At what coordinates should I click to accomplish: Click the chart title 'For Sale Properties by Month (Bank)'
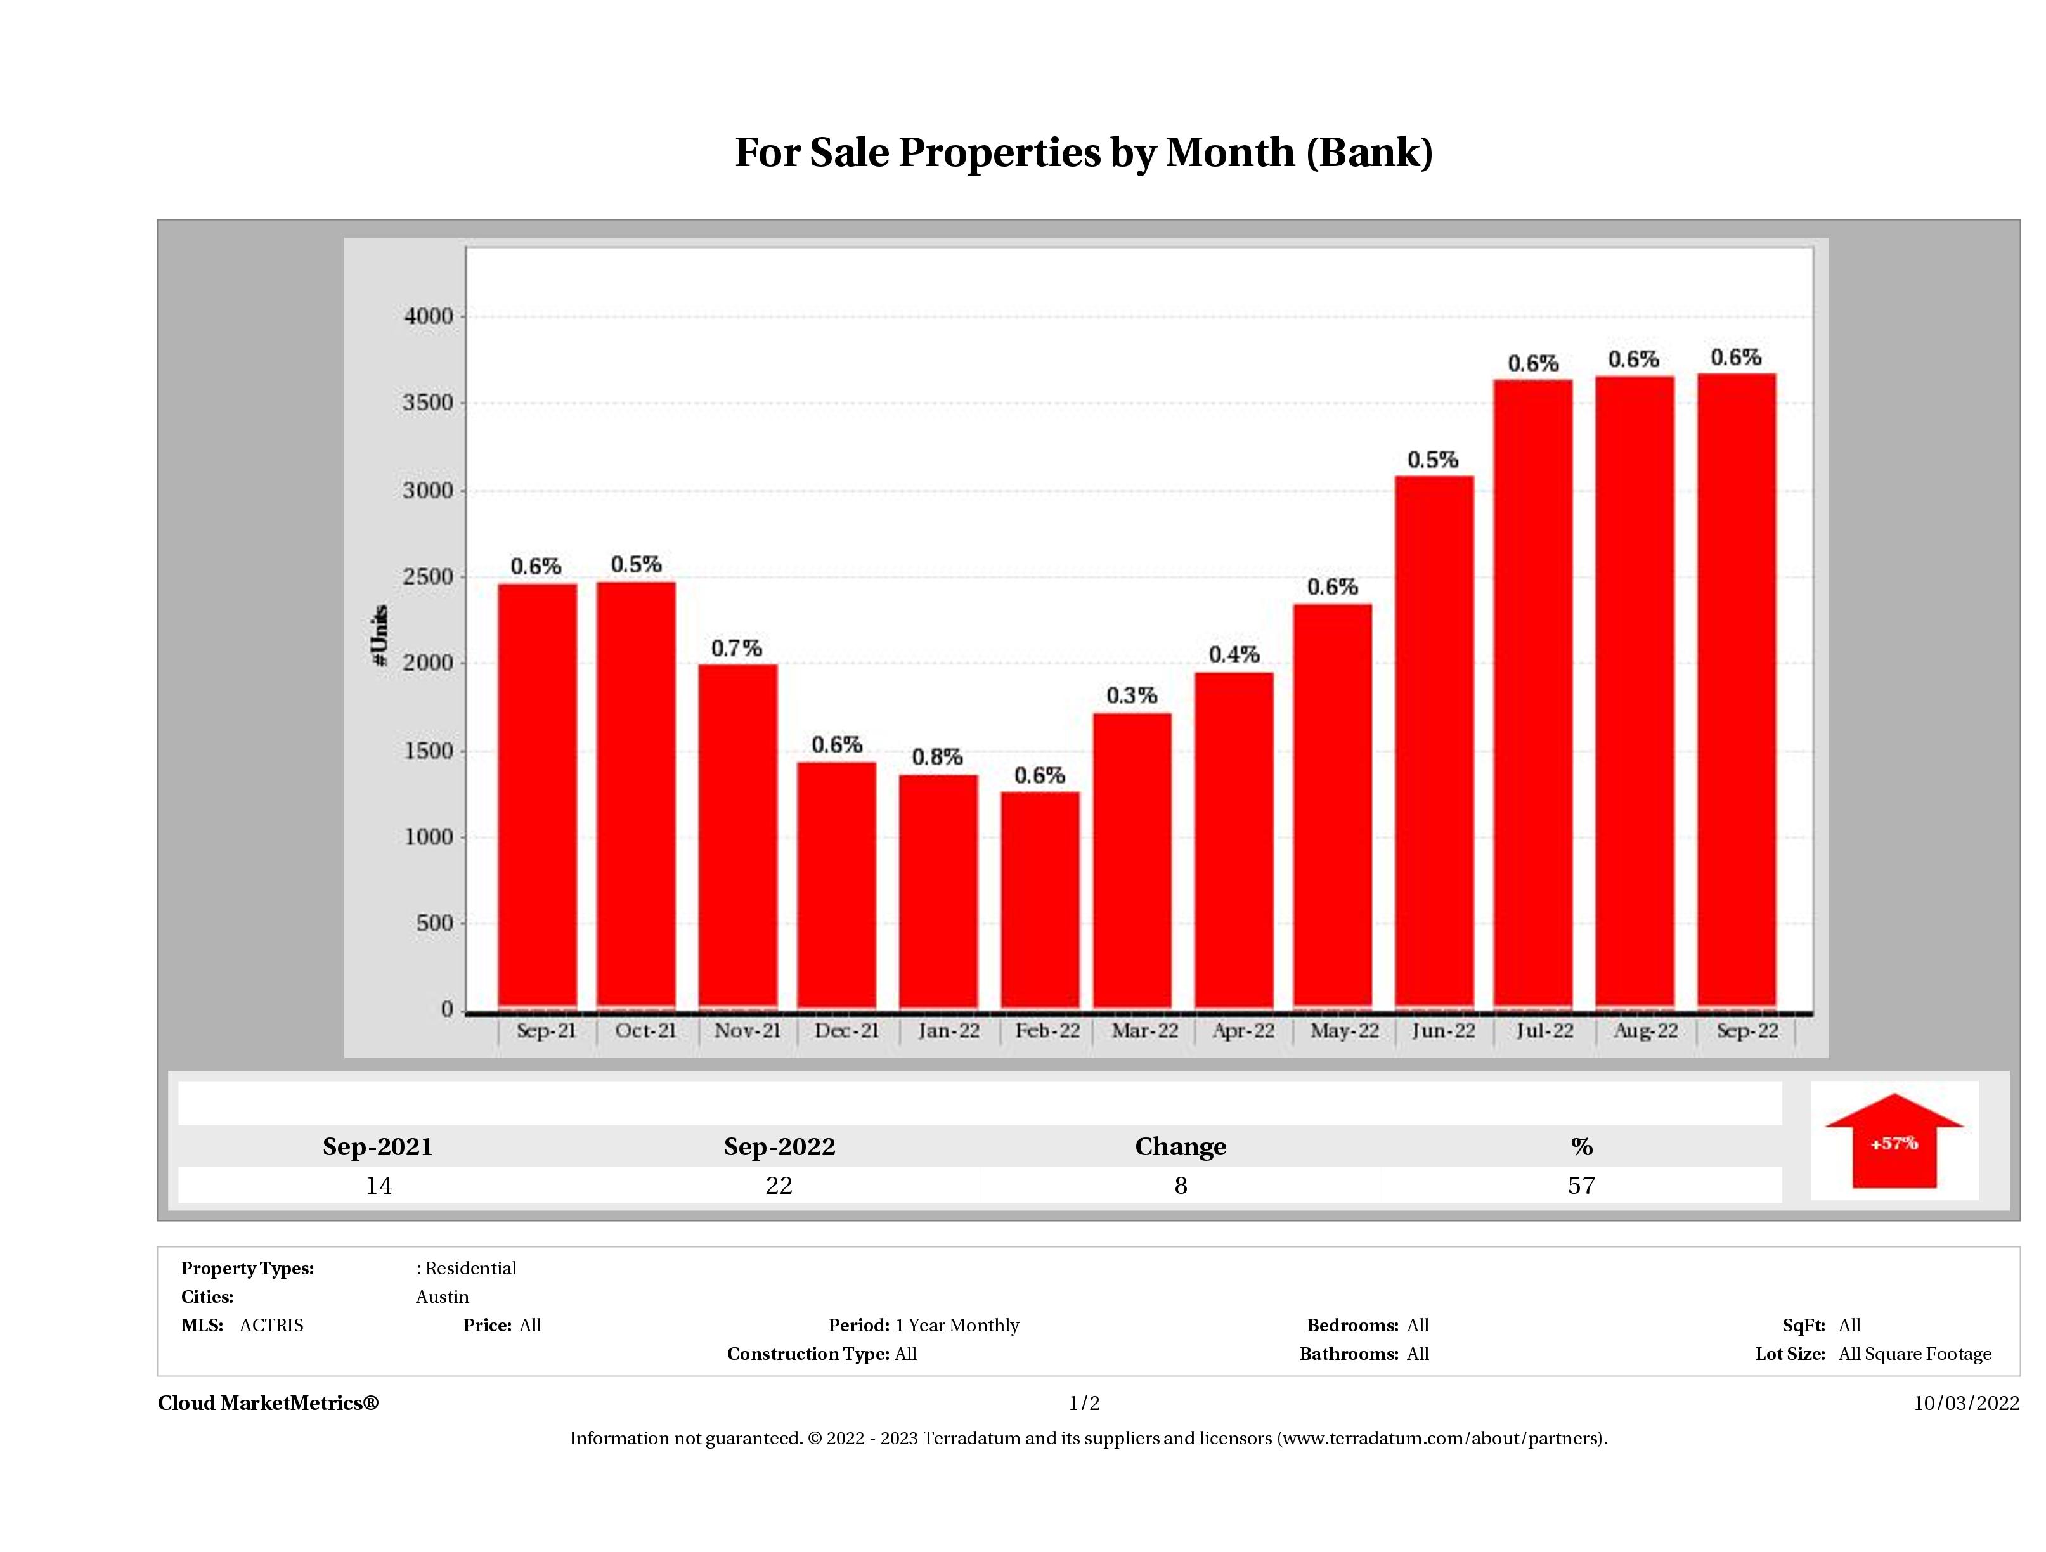(1083, 153)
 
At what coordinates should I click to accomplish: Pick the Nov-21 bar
(737, 836)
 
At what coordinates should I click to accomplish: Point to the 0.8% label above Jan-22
(937, 756)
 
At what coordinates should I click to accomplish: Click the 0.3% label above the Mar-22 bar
(1131, 695)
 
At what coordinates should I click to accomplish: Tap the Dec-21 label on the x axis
(846, 1030)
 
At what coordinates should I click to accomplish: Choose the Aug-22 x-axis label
(1645, 1030)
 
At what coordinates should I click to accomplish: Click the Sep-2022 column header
(779, 1147)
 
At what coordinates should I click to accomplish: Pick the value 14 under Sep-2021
(379, 1186)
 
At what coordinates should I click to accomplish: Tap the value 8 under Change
(1181, 1186)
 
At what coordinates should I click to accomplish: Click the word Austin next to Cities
(442, 1297)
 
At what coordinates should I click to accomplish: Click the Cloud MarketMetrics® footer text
(268, 1403)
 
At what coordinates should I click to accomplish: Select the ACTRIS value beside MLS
(271, 1326)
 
